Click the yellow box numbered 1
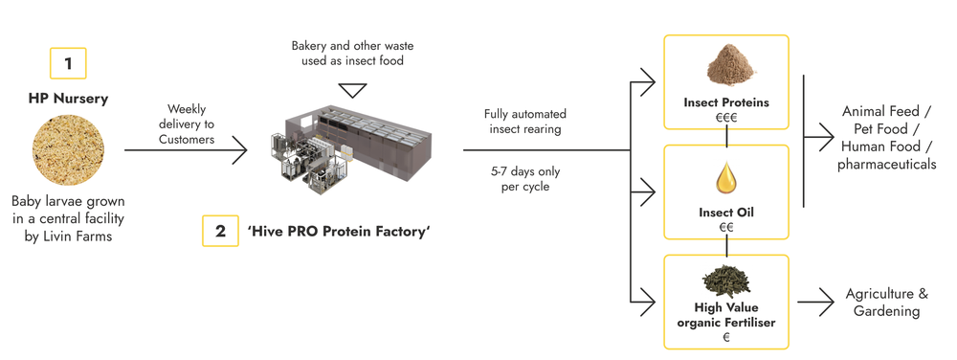[68, 64]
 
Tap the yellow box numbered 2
[220, 231]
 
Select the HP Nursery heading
[68, 100]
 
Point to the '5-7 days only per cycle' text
[524, 179]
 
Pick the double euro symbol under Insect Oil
[726, 227]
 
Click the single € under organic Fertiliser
[726, 338]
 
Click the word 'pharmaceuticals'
[886, 165]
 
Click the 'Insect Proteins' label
[726, 101]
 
